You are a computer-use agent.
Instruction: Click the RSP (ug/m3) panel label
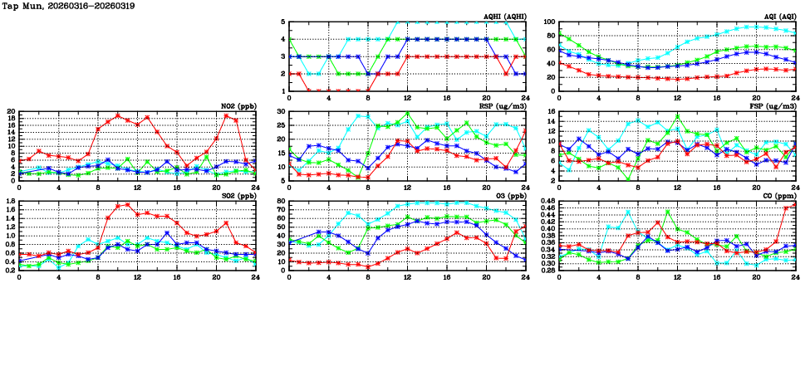[504, 106]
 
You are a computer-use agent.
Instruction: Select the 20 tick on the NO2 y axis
[11, 111]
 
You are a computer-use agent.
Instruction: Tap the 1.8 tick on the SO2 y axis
[9, 201]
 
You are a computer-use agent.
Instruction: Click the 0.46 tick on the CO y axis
[546, 201]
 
